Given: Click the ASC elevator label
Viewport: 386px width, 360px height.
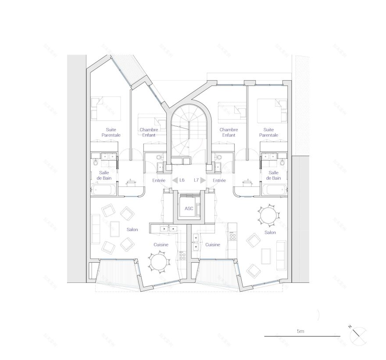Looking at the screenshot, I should coord(189,209).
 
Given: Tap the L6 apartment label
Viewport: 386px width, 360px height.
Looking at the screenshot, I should coord(182,180).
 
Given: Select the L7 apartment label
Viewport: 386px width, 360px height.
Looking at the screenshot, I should coord(196,180).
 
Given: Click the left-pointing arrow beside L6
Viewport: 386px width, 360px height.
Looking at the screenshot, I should coord(174,180).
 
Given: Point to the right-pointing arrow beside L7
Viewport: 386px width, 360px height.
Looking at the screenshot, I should coord(204,180).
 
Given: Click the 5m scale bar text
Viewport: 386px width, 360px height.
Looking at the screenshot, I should coord(300,331).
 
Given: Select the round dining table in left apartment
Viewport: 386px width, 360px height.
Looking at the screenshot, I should coord(158,262).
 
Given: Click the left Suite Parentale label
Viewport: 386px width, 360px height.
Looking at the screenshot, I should coord(111,132).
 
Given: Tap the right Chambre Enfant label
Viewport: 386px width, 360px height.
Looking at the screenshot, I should coord(229,132).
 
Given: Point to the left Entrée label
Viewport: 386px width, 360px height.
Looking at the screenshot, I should coord(158,180).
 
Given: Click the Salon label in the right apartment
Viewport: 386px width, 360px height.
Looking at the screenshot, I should coord(270,232).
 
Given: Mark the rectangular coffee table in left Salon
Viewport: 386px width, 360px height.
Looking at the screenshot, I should coord(115,228).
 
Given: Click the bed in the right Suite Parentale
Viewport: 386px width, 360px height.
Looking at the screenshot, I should coord(272,110).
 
